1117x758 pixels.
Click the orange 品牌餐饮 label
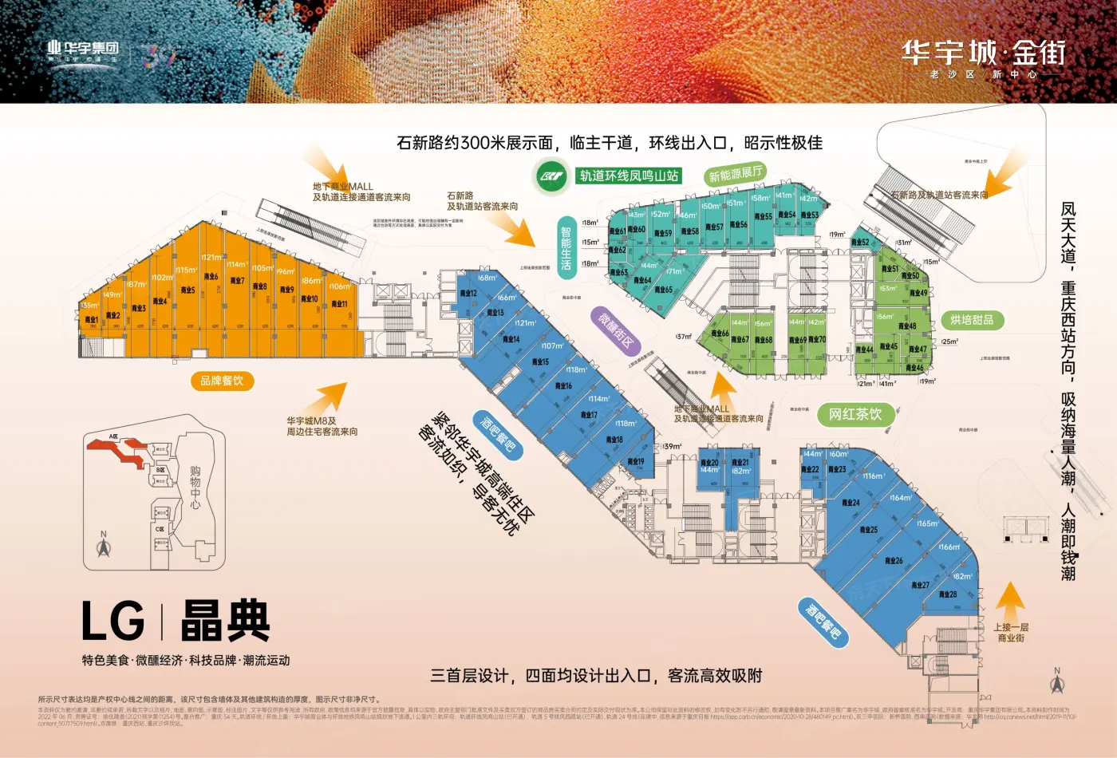pyautogui.click(x=222, y=381)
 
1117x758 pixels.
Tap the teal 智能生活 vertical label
pyautogui.click(x=566, y=248)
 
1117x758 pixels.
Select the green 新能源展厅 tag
pyautogui.click(x=736, y=173)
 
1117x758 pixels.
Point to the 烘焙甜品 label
pyautogui.click(x=972, y=320)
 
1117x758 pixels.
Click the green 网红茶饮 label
pyautogui.click(x=855, y=414)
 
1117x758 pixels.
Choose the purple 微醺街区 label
pyautogui.click(x=617, y=330)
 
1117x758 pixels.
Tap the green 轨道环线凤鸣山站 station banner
pyautogui.click(x=629, y=176)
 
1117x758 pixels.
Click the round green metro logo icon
pyautogui.click(x=551, y=176)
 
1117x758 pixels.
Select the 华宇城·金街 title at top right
pyautogui.click(x=984, y=53)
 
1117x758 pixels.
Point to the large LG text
pyautogui.click(x=113, y=622)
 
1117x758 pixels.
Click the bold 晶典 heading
pyautogui.click(x=226, y=622)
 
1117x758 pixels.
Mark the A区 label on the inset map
pyautogui.click(x=113, y=436)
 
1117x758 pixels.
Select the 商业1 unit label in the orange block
pyautogui.click(x=92, y=320)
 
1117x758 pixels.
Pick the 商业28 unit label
pyautogui.click(x=948, y=594)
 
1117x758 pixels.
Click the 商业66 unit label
pyautogui.click(x=720, y=334)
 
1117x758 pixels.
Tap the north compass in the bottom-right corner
pyautogui.click(x=1057, y=681)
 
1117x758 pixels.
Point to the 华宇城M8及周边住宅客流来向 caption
pyautogui.click(x=322, y=426)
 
